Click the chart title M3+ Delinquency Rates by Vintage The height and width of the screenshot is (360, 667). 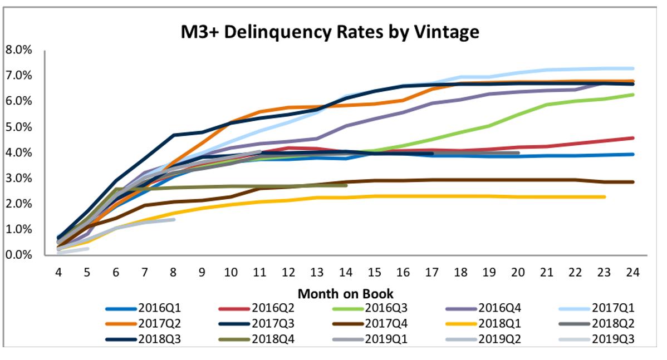(330, 32)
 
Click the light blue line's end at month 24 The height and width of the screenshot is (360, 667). (632, 68)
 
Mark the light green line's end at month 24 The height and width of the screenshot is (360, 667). (632, 95)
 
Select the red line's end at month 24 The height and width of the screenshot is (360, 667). (632, 138)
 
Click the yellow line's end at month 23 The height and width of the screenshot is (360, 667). (604, 197)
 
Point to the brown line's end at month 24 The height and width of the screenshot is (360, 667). (632, 182)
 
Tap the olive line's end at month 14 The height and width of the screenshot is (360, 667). (346, 185)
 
